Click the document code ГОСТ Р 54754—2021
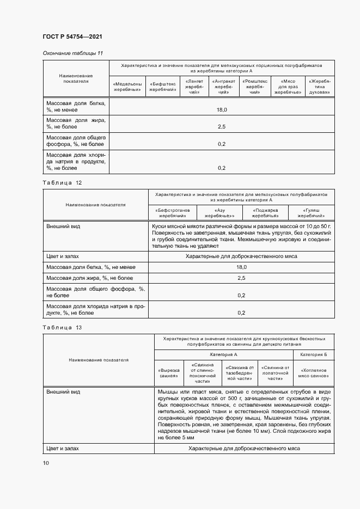point(72,36)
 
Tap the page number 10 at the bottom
point(46,463)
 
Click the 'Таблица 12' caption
point(62,183)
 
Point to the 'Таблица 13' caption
point(62,328)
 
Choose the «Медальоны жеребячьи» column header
point(127,87)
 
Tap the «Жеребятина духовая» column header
point(320,87)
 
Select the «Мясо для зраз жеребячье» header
point(288,87)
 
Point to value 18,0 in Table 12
point(241,267)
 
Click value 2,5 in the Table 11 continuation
point(222,127)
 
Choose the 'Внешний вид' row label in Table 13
point(63,391)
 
